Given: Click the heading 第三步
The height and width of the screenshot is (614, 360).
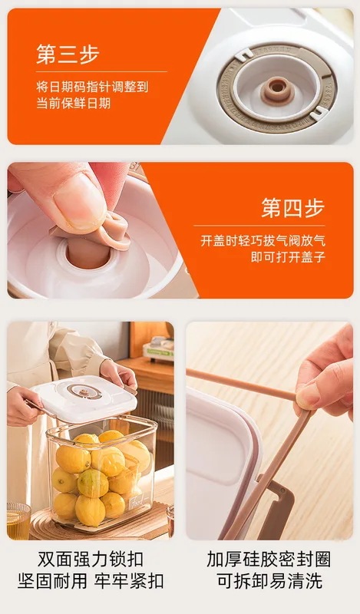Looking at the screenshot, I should pos(68,54).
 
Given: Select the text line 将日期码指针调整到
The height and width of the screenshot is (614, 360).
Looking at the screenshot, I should pos(92,86).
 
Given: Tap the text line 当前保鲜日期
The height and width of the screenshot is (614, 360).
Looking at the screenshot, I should pos(74,103).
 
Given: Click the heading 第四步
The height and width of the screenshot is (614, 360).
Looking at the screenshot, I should pos(292,207).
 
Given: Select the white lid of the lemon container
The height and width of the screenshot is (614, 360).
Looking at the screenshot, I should pos(84,395).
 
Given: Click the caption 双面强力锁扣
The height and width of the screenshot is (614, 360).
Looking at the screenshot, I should pos(90,558).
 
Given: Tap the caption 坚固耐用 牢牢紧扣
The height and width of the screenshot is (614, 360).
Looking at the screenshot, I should pos(90,581).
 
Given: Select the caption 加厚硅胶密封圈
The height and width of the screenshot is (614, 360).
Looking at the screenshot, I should pos(269,558).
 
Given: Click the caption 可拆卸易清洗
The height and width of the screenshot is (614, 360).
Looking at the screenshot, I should pos(269,581).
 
